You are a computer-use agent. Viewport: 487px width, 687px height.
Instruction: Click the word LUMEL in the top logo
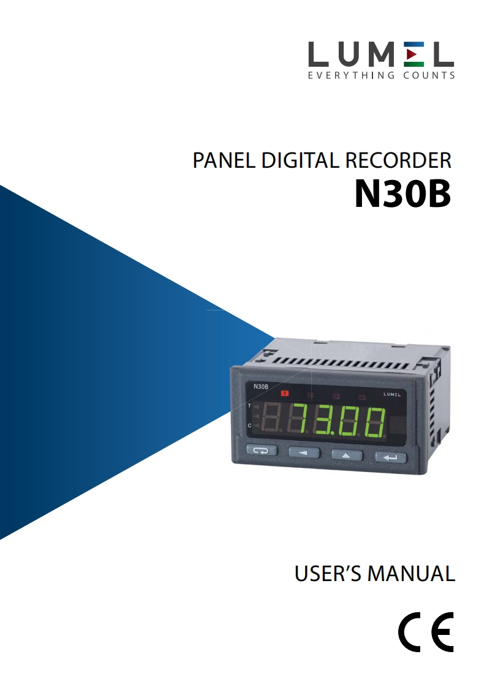[380, 55]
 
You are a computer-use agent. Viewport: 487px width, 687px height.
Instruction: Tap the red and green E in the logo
[414, 55]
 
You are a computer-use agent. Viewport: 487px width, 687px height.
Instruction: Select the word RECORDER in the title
[398, 160]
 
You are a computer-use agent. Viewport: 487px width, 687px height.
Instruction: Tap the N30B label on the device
[260, 386]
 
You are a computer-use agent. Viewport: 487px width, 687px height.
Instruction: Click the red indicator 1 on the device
[285, 393]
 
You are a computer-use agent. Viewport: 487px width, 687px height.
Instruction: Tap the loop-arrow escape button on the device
[262, 451]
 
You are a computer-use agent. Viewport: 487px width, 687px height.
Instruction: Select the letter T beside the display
[249, 406]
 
